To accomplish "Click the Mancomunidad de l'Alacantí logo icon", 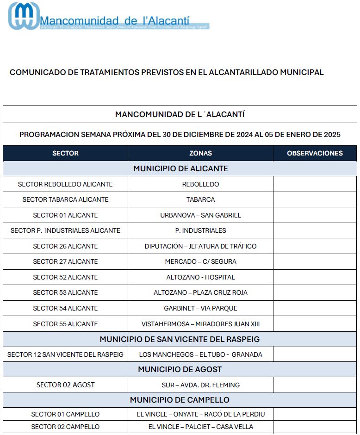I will (23, 16).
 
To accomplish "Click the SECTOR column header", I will (65, 153).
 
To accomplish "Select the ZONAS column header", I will (200, 153).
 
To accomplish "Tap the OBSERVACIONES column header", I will (315, 153).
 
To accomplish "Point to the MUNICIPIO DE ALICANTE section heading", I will (180, 168).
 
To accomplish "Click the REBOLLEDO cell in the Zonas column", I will (200, 184).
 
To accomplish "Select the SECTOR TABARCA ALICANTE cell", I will (65, 199).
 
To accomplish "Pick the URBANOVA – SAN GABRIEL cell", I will (200, 215).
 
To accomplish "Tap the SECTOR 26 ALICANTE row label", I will (65, 246).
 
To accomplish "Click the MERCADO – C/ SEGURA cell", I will (200, 261).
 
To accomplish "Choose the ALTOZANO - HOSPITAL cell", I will (200, 277).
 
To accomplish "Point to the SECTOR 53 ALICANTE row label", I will (65, 292).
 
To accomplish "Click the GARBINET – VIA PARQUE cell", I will (200, 308).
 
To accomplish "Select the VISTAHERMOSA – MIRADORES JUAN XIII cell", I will (200, 324).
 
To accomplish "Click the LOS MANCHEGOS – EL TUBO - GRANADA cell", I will (200, 354).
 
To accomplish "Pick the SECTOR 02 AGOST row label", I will (65, 385).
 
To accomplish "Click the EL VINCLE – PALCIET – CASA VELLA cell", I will (200, 427).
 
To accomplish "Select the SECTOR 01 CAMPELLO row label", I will (65, 414).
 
